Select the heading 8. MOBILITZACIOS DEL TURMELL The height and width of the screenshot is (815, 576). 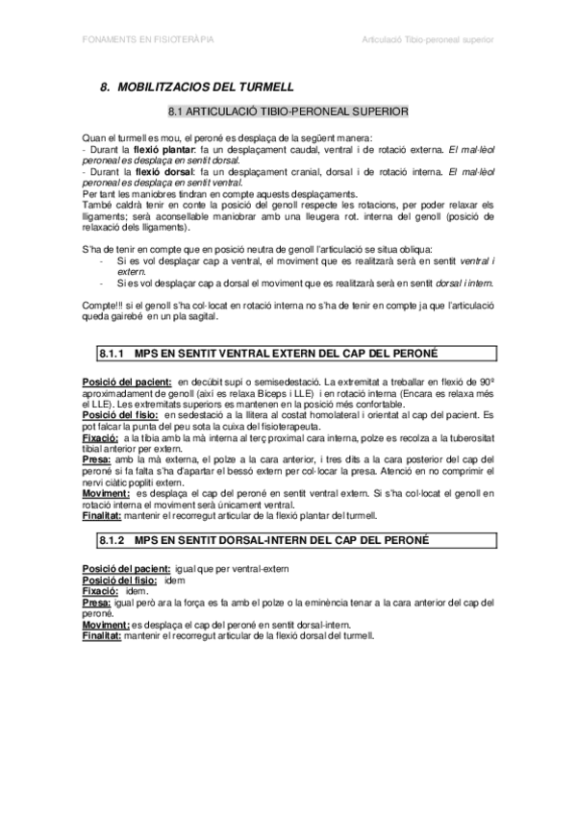pyautogui.click(x=197, y=86)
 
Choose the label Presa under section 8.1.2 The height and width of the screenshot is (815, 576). pyautogui.click(x=97, y=603)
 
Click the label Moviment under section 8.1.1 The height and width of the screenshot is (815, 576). pyautogui.click(x=108, y=494)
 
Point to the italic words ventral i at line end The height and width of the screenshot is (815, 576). pyautogui.click(x=475, y=261)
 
